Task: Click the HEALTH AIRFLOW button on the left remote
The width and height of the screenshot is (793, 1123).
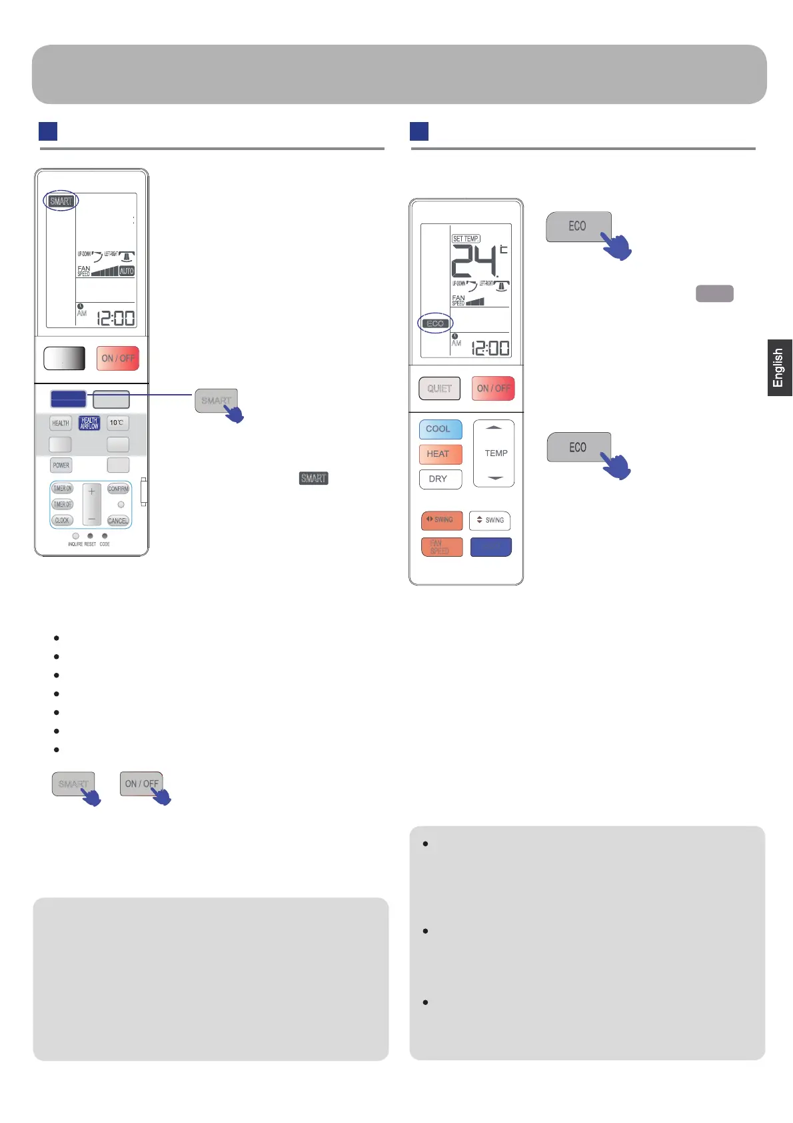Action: (x=89, y=423)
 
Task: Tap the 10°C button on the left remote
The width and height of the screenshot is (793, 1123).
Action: (x=117, y=423)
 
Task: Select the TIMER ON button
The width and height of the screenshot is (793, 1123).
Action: (x=62, y=489)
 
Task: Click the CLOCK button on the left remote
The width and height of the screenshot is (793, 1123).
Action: (x=62, y=520)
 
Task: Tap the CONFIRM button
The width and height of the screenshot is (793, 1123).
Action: (x=118, y=489)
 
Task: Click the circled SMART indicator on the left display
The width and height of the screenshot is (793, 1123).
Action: (x=61, y=201)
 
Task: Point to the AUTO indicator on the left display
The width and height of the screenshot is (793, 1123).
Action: (x=127, y=271)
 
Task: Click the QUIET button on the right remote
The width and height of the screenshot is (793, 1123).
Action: (x=439, y=388)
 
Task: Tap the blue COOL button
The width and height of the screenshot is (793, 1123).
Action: (x=440, y=429)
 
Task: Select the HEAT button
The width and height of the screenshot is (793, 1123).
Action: (x=440, y=454)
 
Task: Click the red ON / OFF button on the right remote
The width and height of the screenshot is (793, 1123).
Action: (x=493, y=388)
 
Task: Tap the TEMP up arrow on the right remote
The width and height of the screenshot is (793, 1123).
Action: (x=494, y=427)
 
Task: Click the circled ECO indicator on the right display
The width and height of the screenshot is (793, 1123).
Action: (x=435, y=323)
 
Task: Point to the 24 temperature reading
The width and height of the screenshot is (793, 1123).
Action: (x=474, y=261)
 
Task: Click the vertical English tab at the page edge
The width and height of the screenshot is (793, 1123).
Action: (x=779, y=367)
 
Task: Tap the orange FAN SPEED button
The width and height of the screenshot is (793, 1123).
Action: (x=441, y=547)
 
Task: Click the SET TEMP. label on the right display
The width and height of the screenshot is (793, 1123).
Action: (x=466, y=238)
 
